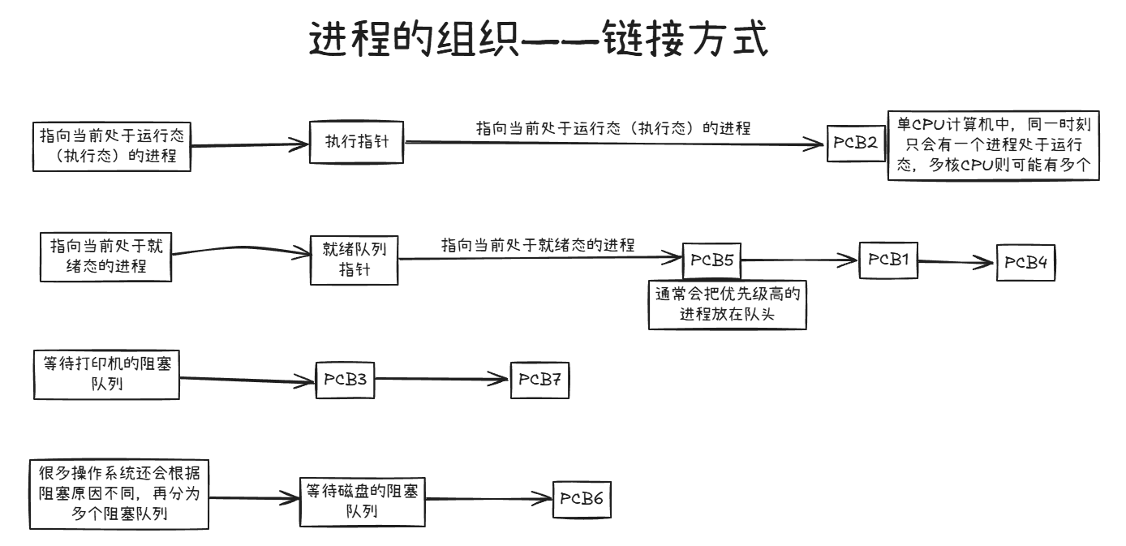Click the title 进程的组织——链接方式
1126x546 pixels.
click(x=538, y=40)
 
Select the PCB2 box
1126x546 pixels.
click(x=856, y=144)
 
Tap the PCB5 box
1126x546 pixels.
click(x=711, y=260)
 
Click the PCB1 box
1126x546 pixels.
click(x=888, y=260)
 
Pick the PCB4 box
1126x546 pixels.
click(x=1026, y=262)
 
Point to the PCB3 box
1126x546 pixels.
click(x=346, y=379)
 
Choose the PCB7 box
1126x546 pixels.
click(x=539, y=380)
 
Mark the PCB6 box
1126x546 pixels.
click(x=581, y=499)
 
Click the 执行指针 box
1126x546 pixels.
click(x=356, y=142)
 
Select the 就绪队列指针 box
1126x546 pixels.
click(x=355, y=260)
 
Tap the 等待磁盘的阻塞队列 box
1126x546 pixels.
click(x=362, y=501)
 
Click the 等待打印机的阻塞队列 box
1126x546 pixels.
click(x=106, y=375)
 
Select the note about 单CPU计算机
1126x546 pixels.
click(x=994, y=146)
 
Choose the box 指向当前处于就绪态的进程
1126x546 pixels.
click(x=106, y=256)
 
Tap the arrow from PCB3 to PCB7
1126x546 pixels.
click(x=442, y=379)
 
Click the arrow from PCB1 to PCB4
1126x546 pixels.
click(x=957, y=262)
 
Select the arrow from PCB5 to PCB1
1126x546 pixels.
click(x=799, y=260)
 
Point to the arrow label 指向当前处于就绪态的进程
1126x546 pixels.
click(x=537, y=245)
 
